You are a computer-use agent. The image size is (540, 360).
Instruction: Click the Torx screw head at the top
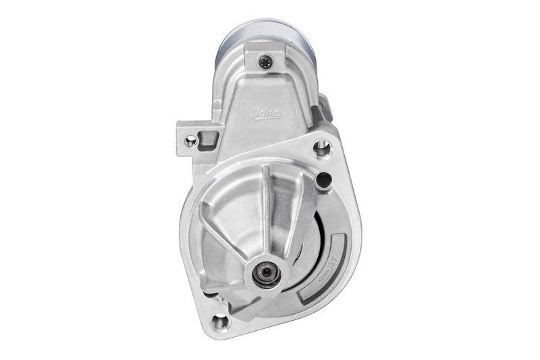pyautogui.click(x=264, y=61)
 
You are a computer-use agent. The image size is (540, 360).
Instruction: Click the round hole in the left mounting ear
pyautogui.click(x=192, y=140)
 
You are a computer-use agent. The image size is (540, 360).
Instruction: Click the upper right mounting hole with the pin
pyautogui.click(x=322, y=148)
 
